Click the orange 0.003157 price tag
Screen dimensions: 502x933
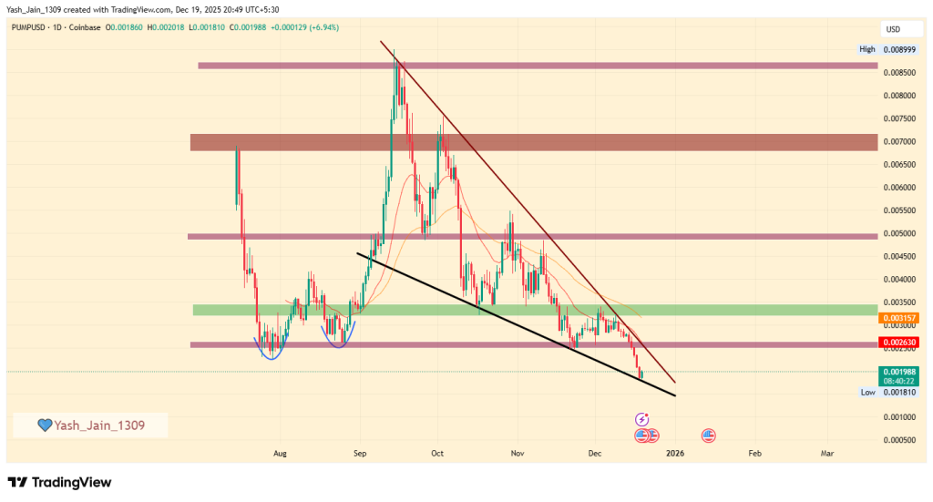click(x=897, y=318)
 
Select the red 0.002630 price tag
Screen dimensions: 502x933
click(x=897, y=343)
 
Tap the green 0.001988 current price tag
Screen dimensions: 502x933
click(x=897, y=372)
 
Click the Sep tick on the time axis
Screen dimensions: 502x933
click(x=360, y=452)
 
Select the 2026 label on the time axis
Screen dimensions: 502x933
click(x=674, y=452)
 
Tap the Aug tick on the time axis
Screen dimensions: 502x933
click(x=280, y=452)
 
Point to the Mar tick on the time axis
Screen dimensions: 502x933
click(x=827, y=452)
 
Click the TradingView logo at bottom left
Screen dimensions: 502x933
click(x=59, y=482)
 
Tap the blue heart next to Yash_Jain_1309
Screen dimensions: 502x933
click(x=44, y=425)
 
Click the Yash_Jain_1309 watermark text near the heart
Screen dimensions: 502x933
click(x=99, y=425)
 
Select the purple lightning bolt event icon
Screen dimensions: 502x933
click(x=641, y=419)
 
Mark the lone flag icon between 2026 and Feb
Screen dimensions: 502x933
click(x=709, y=435)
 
